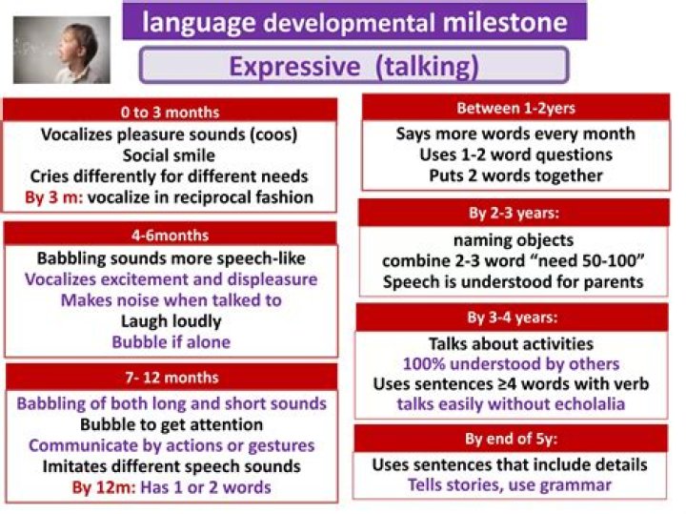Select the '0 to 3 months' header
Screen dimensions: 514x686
[171, 112]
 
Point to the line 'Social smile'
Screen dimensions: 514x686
[171, 155]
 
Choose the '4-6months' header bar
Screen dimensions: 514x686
[171, 235]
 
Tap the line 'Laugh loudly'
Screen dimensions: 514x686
[171, 321]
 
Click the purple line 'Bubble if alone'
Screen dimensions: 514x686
[171, 342]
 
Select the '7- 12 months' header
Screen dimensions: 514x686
[171, 378]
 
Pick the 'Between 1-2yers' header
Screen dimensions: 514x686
[514, 108]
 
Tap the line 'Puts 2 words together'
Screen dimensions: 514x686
[514, 175]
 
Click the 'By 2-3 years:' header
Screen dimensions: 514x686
[514, 213]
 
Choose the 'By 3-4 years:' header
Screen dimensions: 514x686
[514, 318]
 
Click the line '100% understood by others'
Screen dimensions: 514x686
[511, 363]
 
